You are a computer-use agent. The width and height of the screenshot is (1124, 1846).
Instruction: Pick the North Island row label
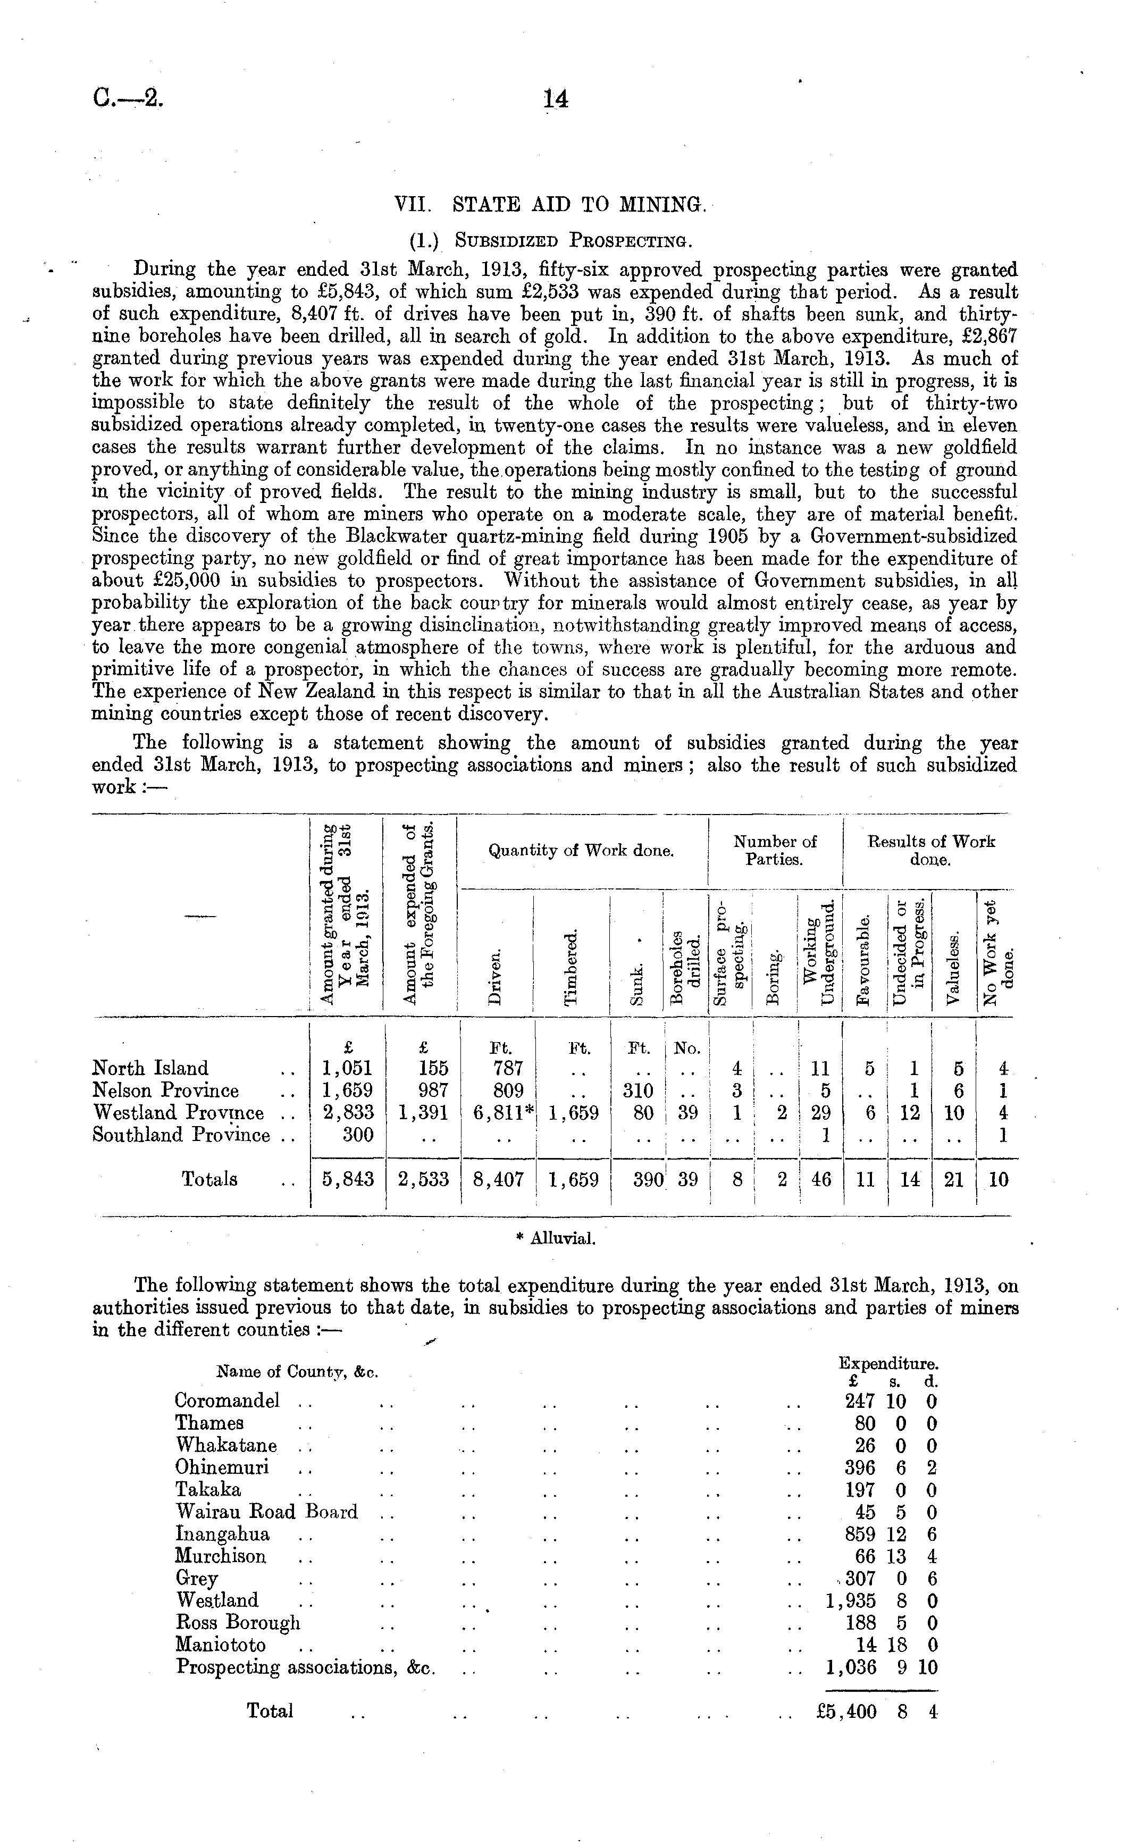(150, 1068)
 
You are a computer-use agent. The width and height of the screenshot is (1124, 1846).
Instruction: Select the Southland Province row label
(181, 1135)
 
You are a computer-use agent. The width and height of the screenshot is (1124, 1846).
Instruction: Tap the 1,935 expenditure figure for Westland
(851, 1601)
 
